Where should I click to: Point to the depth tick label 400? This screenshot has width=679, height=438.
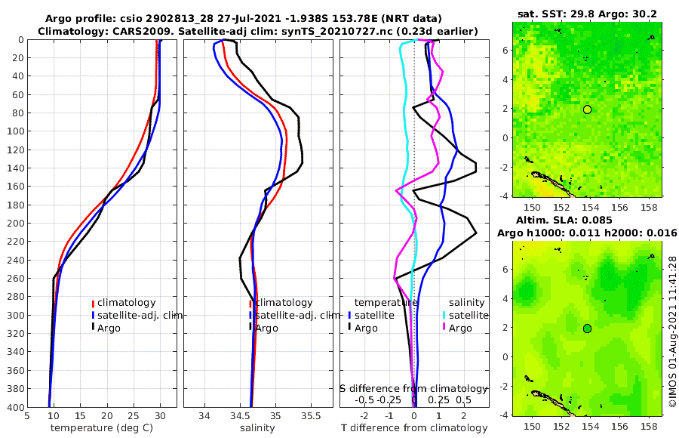pos(14,407)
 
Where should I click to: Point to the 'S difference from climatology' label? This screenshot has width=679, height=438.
pos(413,388)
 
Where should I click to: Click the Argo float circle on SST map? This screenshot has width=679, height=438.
pos(587,109)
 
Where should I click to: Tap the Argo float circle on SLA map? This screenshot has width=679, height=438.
pos(587,328)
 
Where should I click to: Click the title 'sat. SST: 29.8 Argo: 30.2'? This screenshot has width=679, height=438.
pos(587,14)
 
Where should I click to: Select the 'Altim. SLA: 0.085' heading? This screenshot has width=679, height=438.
pos(587,221)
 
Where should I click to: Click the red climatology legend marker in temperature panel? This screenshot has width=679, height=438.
pos(93,303)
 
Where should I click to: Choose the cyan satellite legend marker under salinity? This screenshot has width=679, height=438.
pos(444,315)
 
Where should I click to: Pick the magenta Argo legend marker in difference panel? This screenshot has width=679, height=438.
pos(444,328)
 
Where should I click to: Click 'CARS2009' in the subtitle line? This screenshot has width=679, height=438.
pos(131,31)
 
